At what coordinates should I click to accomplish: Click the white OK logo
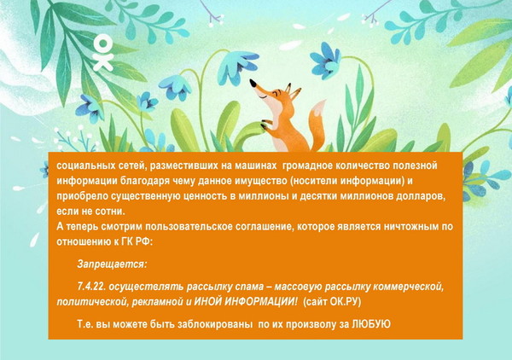click(103, 53)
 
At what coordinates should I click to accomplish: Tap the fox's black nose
click(253, 83)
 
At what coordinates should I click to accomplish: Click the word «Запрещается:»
click(112, 264)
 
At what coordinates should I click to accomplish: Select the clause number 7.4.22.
click(91, 287)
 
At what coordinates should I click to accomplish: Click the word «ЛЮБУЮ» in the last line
click(371, 324)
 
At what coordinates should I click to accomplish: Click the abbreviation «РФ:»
click(144, 242)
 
